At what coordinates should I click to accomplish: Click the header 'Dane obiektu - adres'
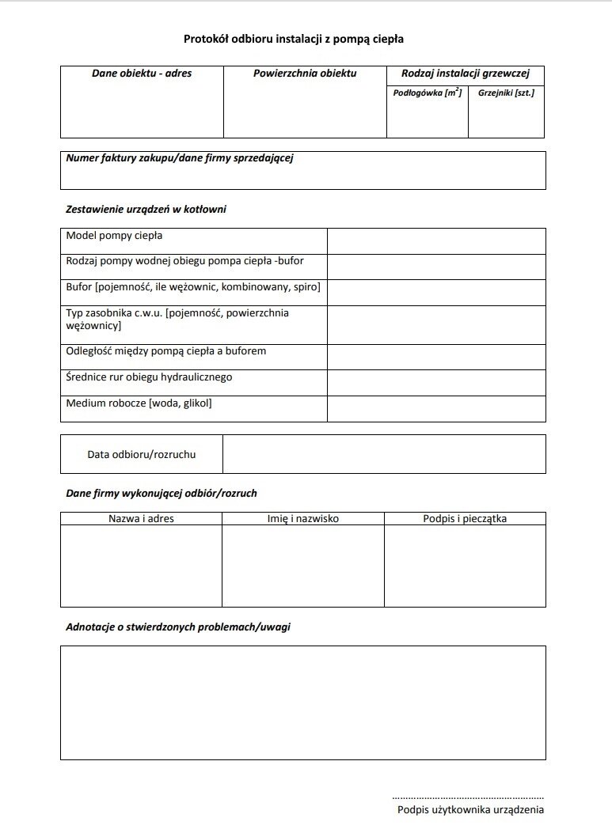[142, 74]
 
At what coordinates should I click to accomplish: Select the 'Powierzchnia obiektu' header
[305, 74]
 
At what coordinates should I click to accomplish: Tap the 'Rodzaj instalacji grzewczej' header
[466, 74]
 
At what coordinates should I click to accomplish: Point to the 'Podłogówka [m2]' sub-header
[428, 93]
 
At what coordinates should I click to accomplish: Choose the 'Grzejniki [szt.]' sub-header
[506, 93]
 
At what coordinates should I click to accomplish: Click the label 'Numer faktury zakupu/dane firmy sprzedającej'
[180, 158]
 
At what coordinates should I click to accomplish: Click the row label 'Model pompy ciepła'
[115, 236]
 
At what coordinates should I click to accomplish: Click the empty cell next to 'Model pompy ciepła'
[436, 241]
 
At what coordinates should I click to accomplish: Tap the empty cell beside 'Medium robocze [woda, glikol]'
[436, 409]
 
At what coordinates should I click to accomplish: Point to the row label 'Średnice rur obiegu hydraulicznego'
[149, 377]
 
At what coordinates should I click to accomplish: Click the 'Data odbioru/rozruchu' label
[142, 454]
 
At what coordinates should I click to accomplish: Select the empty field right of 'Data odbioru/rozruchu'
[384, 454]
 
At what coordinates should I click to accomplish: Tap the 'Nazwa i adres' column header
[142, 519]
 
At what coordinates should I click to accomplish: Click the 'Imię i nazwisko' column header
[303, 519]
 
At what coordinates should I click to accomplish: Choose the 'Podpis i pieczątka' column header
[465, 519]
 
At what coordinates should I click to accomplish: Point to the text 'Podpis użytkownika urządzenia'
[470, 809]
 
